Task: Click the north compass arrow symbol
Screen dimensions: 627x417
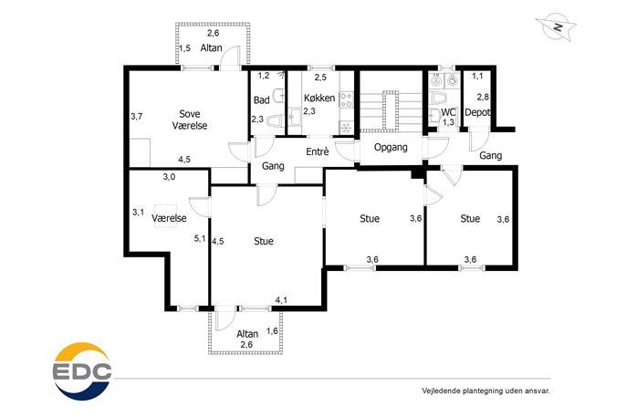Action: click(x=556, y=27)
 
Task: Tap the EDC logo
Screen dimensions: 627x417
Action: click(x=82, y=371)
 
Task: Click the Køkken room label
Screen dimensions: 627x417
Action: click(x=319, y=98)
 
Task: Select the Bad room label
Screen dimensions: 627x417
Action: click(x=262, y=100)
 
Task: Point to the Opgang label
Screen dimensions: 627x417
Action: click(x=391, y=147)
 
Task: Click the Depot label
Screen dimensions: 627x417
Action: click(x=477, y=112)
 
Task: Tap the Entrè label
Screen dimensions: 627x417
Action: click(x=318, y=151)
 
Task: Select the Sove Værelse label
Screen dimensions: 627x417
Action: click(x=190, y=120)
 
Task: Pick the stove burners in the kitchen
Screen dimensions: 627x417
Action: click(x=346, y=99)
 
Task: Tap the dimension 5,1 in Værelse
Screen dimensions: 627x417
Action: click(x=200, y=239)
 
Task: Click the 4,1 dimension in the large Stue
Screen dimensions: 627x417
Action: click(x=281, y=299)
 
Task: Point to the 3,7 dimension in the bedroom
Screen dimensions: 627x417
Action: click(x=137, y=117)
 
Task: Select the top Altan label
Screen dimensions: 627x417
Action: click(x=211, y=48)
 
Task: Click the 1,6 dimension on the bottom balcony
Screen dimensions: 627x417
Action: click(x=272, y=330)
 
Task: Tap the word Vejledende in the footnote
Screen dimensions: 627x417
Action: click(x=441, y=391)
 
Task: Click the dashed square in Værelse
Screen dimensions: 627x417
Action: click(x=166, y=216)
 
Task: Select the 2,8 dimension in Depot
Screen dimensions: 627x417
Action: click(x=483, y=97)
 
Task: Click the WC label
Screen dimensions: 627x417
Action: click(x=448, y=112)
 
